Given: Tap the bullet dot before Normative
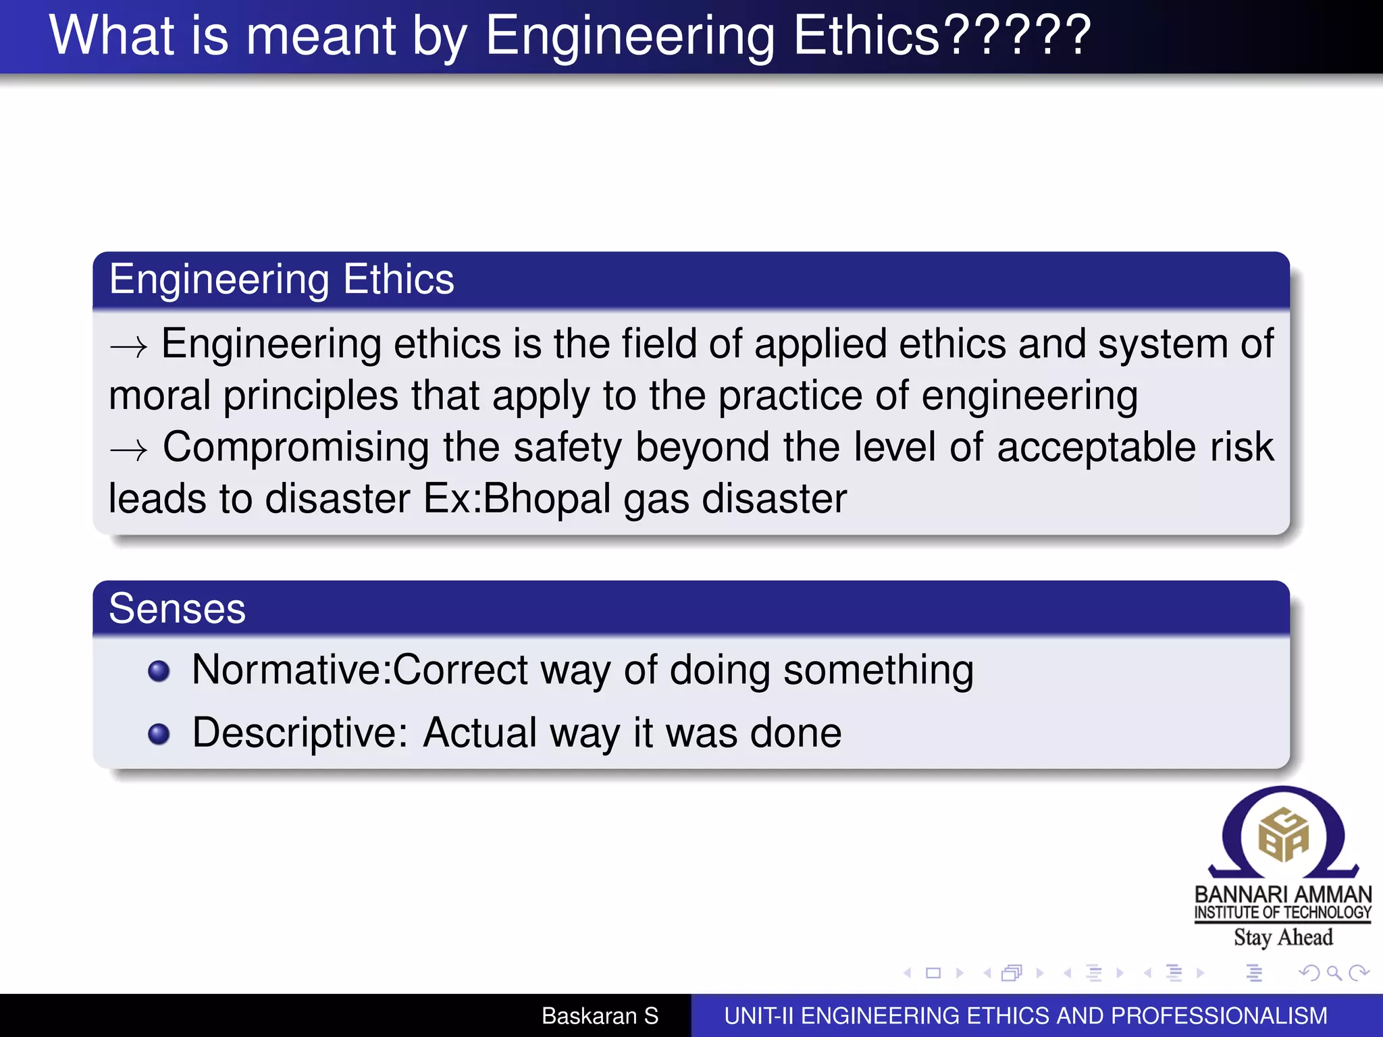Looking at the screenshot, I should coord(159,671).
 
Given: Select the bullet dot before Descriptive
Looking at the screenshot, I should coord(159,734).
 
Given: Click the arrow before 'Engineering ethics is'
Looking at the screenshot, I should coord(128,347).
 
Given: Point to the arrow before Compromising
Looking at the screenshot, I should coord(128,450).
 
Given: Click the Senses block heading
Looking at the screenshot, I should coord(178,609).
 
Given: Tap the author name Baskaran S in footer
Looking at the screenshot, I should coord(600,1016).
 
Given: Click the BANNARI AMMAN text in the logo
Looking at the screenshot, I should coord(1283,894).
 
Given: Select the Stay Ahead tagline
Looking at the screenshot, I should coord(1283,938).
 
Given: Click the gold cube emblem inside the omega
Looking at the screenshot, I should coord(1283,836).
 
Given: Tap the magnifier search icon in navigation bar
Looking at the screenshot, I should coord(1334,973).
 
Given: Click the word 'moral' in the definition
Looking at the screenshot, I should coord(159,396).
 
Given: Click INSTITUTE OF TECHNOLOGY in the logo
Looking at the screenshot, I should coord(1283,913).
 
